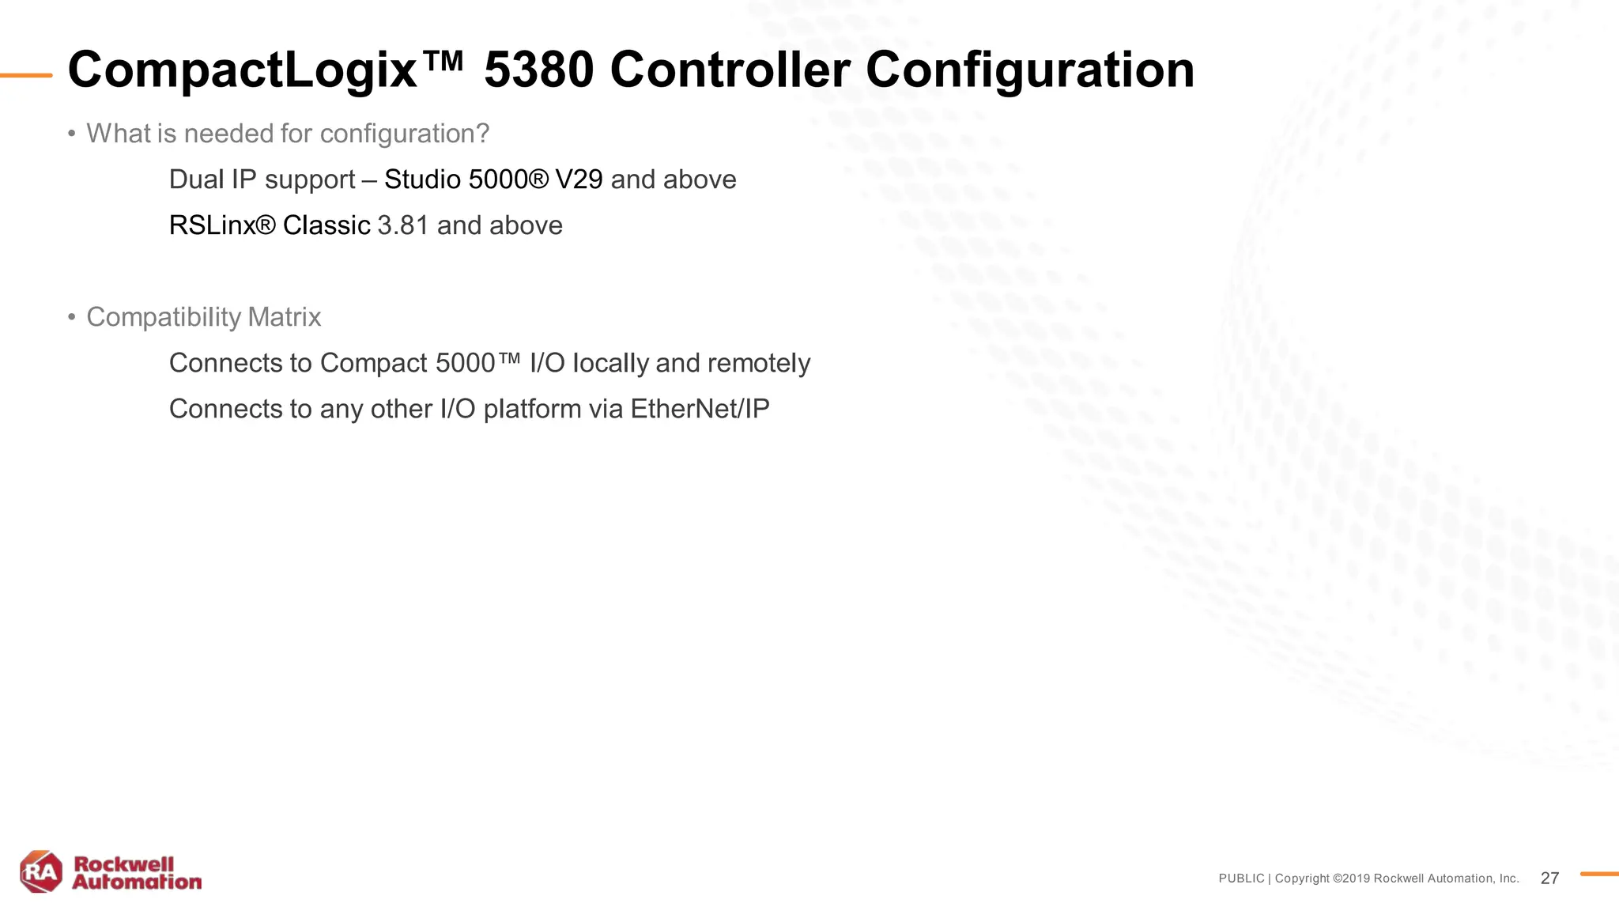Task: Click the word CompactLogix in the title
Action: [x=241, y=70]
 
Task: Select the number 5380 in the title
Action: [x=538, y=70]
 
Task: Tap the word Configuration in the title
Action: [x=1029, y=70]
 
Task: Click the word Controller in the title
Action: [x=730, y=70]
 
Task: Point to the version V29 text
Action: [x=579, y=180]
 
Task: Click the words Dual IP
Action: [x=213, y=180]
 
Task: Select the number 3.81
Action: [x=403, y=225]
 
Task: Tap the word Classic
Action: [x=326, y=225]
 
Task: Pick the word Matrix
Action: [x=284, y=317]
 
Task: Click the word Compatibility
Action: [x=164, y=317]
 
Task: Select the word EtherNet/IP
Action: [x=700, y=409]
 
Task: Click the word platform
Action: [x=532, y=409]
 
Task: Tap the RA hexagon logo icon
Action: [x=41, y=872]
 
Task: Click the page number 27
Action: [x=1549, y=879]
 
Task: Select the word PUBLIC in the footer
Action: [x=1241, y=879]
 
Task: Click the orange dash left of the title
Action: [x=26, y=76]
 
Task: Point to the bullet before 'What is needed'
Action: [x=71, y=134]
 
